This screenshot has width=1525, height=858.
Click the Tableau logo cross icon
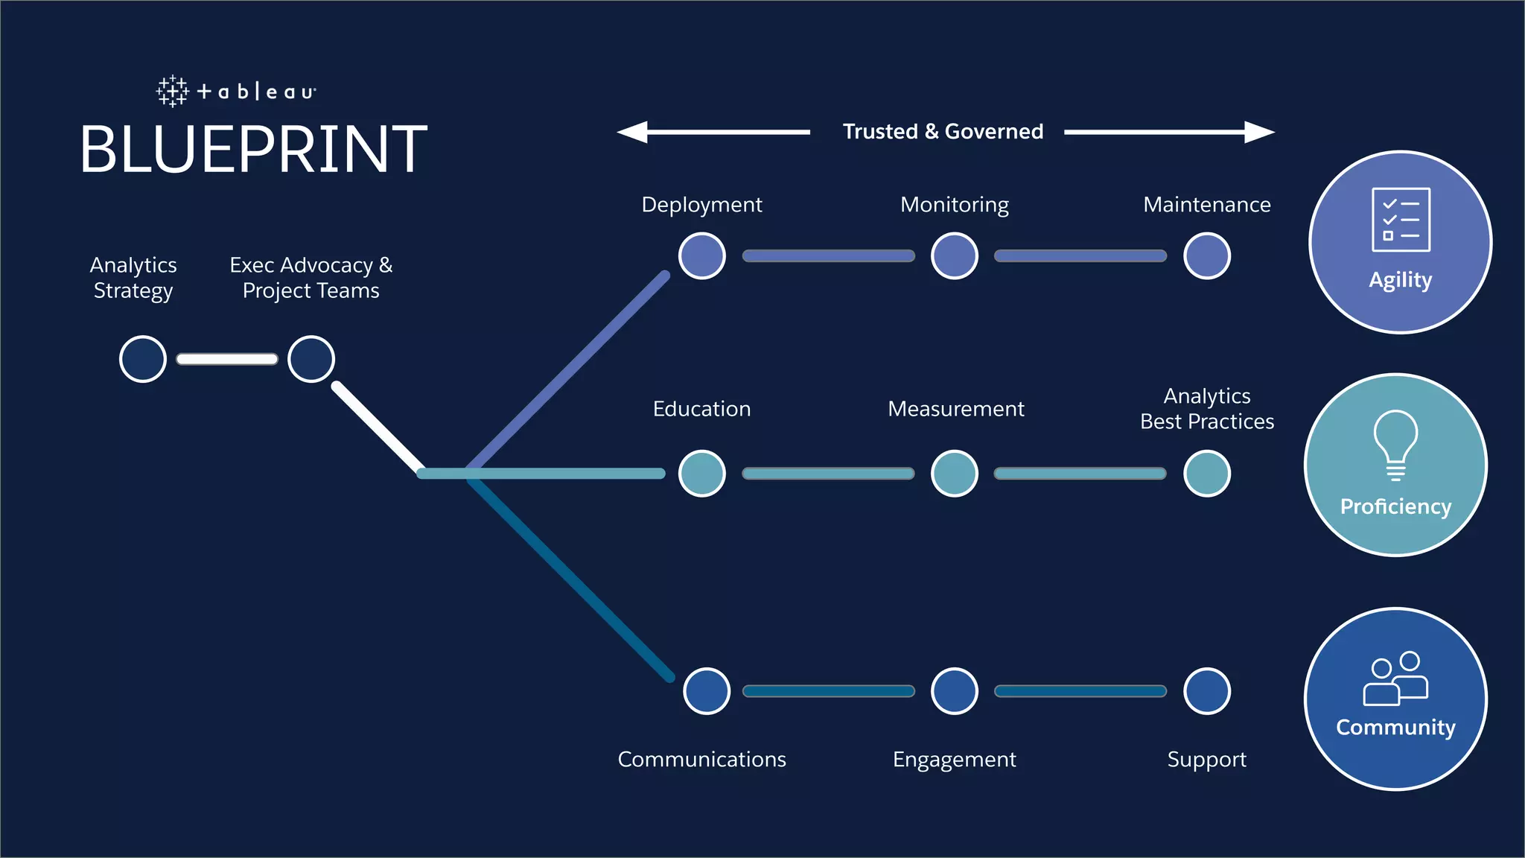172,92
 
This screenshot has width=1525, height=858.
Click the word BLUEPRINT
253,150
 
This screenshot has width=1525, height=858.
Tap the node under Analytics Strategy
143,359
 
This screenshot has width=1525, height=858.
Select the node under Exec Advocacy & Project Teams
311,359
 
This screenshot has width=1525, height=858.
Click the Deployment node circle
702,255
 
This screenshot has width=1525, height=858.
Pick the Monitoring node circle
955,255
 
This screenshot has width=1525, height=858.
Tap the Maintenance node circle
1207,255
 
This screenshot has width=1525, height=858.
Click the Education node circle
702,473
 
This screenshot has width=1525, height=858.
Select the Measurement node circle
955,473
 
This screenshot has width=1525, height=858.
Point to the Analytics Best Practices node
1207,473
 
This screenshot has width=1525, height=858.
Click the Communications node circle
707,690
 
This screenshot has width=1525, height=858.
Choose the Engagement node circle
955,690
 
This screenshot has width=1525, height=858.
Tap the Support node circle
1207,690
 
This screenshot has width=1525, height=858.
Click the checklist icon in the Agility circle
1401,220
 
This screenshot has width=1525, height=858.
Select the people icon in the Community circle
1395,679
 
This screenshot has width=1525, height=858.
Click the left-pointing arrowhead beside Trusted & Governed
633,132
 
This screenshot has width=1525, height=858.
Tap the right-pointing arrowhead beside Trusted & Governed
1259,132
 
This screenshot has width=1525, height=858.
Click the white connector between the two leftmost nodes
227,359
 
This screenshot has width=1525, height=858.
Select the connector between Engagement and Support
1080,690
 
